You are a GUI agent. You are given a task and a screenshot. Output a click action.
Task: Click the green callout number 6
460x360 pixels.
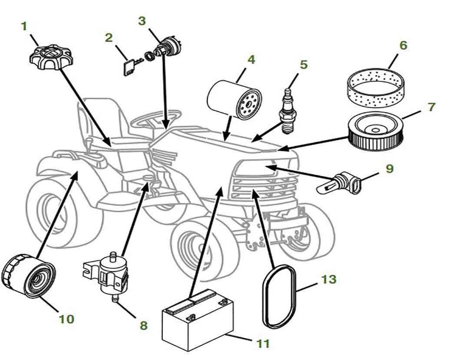pos(403,45)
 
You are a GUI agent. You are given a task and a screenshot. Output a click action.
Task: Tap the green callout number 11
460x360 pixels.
pos(262,343)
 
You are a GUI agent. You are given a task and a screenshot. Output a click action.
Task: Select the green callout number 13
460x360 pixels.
pos(329,279)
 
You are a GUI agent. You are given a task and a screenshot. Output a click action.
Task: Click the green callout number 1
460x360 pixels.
pos(24,26)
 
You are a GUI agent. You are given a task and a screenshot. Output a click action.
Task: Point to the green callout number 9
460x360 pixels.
pos(389,168)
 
